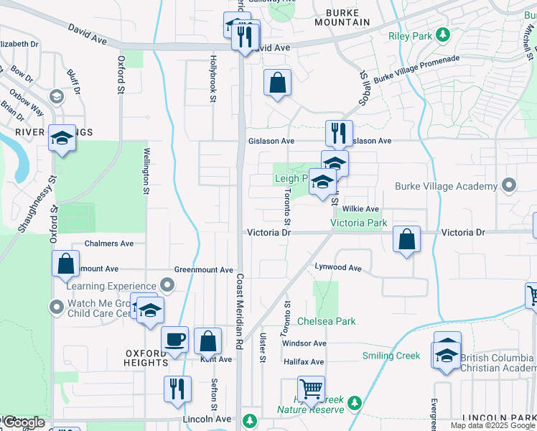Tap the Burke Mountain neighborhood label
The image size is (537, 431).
(347, 17)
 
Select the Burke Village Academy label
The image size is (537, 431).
(446, 186)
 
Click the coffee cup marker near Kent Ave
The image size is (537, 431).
(174, 339)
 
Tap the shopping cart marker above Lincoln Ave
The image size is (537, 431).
(311, 389)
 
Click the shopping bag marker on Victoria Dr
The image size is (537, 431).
(406, 238)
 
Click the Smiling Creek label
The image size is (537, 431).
(391, 356)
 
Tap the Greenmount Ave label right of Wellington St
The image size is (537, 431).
(204, 270)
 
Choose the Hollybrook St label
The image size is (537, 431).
(213, 80)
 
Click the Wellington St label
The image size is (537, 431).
(146, 170)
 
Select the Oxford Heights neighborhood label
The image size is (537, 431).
(146, 358)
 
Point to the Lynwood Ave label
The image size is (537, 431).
(338, 267)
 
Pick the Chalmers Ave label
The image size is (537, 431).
(109, 244)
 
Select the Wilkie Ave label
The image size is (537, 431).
(360, 209)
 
